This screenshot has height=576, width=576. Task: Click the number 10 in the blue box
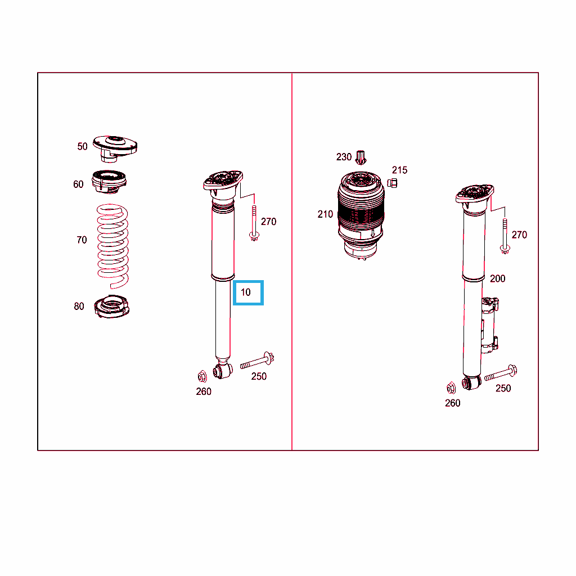coord(245,292)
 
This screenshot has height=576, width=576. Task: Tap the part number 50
coord(82,147)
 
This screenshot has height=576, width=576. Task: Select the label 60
coord(78,184)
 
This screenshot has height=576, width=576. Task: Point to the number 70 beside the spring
coord(82,240)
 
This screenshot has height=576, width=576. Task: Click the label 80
coord(79,307)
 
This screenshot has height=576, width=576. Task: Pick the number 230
coord(344,157)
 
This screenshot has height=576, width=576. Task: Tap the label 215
coord(400,170)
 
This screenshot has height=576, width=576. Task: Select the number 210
coord(325,214)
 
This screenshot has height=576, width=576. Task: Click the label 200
coord(497,279)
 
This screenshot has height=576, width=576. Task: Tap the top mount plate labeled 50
coord(115,148)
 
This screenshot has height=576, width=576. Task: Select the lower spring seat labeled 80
coord(112,307)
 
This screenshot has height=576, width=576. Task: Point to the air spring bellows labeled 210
coord(361,215)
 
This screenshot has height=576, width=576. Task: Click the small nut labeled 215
coord(392,183)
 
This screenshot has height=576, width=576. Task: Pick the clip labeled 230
coord(361,157)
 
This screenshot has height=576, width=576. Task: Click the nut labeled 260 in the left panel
coord(202,376)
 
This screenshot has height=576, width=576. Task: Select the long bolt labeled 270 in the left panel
coord(254,223)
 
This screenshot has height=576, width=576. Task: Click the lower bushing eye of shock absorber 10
coord(223,370)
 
